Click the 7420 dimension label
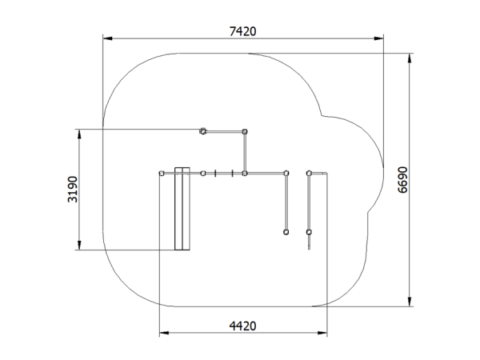(242, 31)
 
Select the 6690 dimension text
(402, 180)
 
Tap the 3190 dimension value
(73, 189)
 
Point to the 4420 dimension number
(242, 326)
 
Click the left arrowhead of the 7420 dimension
(108, 38)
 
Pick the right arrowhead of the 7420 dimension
(378, 38)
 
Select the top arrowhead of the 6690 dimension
(410, 58)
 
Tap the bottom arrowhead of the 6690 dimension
(410, 302)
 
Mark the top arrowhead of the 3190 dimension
(79, 134)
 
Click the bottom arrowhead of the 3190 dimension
(79, 245)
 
